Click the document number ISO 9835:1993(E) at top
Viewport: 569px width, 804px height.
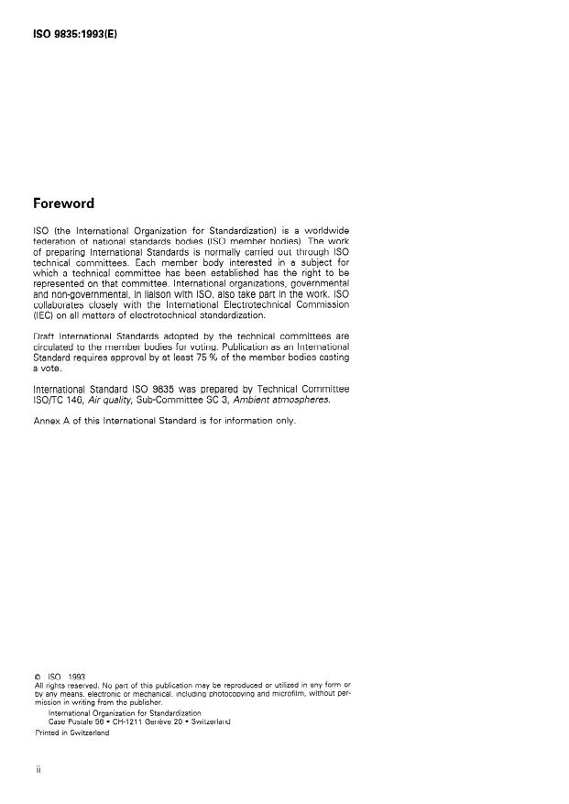pos(76,35)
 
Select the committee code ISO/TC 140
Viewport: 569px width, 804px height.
pos(63,400)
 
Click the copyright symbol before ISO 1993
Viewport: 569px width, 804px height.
pos(37,677)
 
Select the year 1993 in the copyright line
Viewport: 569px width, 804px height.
pos(76,677)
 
